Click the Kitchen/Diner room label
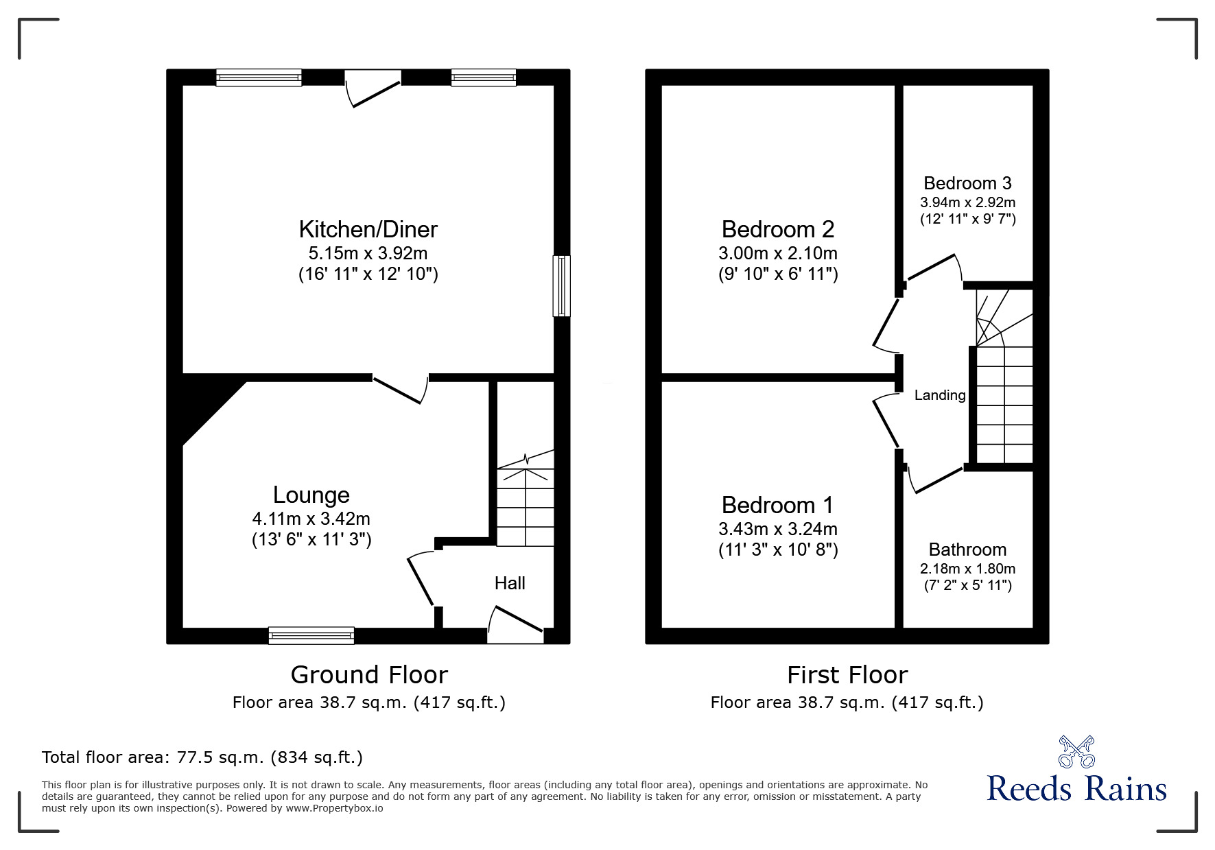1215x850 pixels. pyautogui.click(x=368, y=229)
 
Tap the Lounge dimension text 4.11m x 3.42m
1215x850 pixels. pyautogui.click(x=311, y=519)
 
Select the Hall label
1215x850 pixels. pyautogui.click(x=510, y=584)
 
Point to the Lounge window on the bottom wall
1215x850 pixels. pyautogui.click(x=311, y=636)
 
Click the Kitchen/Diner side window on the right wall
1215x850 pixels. pyautogui.click(x=561, y=285)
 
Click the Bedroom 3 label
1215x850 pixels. pyautogui.click(x=967, y=183)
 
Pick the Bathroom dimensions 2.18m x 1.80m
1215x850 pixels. pyautogui.click(x=967, y=569)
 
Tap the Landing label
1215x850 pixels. pyautogui.click(x=940, y=396)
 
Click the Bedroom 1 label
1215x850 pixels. pyautogui.click(x=777, y=506)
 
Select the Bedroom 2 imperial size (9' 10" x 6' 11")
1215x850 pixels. pyautogui.click(x=778, y=274)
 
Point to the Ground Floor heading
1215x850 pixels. pyautogui.click(x=369, y=675)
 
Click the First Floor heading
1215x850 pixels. pyautogui.click(x=847, y=675)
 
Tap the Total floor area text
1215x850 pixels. pyautogui.click(x=202, y=757)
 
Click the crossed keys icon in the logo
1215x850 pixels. pyautogui.click(x=1076, y=752)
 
